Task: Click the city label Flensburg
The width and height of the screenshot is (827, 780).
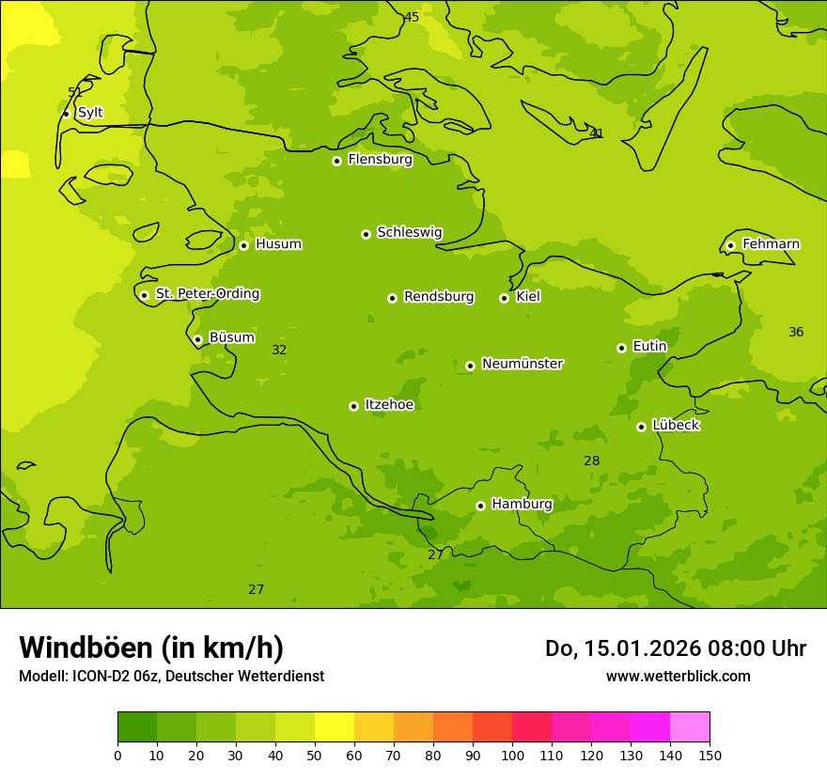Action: (x=380, y=160)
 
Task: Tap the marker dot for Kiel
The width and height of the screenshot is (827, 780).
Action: (x=504, y=298)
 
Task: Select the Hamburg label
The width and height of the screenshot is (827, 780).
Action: (x=522, y=505)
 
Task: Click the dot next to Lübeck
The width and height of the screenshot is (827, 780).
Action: (x=641, y=427)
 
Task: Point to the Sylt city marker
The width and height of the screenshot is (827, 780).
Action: (x=66, y=114)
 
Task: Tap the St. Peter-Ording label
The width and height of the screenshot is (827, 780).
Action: (x=207, y=294)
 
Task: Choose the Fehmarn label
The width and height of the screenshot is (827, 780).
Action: (x=771, y=244)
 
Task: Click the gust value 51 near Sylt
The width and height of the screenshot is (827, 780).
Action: (x=75, y=92)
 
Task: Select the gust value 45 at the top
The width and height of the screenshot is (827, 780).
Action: (x=412, y=17)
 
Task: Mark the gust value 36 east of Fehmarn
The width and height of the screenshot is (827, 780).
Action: (x=796, y=332)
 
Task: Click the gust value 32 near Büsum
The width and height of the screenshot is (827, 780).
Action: (x=279, y=350)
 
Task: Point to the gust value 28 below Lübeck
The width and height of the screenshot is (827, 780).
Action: (x=591, y=460)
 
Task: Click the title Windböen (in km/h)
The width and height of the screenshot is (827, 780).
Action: (x=151, y=647)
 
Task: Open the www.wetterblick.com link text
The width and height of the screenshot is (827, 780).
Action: (x=678, y=676)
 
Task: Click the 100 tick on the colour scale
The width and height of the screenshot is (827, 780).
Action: (x=512, y=755)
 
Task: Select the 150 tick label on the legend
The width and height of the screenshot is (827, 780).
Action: (x=710, y=755)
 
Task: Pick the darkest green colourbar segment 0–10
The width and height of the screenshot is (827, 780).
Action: (x=137, y=727)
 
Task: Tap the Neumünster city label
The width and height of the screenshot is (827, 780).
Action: (x=522, y=364)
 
